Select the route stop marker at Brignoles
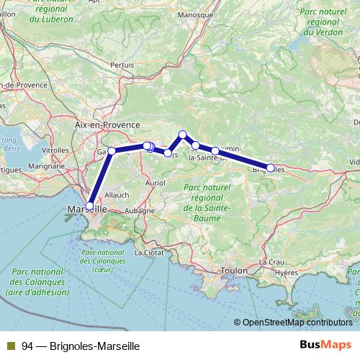271,168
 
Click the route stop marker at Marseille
89,206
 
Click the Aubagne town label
140,210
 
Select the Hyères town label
286,274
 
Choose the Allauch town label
117,194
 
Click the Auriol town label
155,184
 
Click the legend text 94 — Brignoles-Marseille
80,345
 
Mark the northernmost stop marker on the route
183,135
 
